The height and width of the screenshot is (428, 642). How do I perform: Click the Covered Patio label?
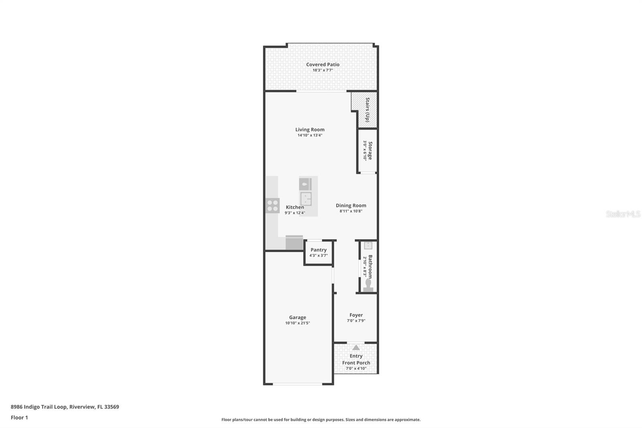323,64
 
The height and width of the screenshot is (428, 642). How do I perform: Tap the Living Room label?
310,129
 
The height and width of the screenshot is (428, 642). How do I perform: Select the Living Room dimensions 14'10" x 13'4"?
310,135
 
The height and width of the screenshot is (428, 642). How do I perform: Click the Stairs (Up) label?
367,110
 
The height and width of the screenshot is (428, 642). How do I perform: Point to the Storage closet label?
370,151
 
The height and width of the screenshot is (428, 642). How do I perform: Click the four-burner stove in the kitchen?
273,206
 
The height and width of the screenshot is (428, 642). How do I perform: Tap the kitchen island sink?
306,199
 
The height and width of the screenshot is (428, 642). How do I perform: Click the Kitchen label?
295,207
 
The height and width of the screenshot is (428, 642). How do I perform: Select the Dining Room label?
351,205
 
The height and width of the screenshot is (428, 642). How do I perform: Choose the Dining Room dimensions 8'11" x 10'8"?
351,211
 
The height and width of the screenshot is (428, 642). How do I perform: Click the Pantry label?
319,250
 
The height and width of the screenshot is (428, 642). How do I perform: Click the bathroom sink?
368,245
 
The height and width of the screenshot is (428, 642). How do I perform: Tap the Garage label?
298,317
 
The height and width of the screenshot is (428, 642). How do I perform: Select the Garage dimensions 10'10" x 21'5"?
298,323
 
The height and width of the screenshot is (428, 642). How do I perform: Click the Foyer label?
356,315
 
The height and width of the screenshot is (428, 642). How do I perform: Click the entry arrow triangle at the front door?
356,347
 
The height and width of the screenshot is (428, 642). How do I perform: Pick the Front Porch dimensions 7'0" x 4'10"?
356,369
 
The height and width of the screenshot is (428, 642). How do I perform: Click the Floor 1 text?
19,418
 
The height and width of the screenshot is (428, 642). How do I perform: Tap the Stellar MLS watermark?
623,214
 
